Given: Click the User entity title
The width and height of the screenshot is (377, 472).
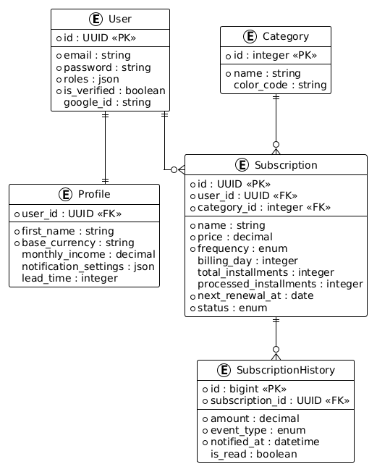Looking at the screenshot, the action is pyautogui.click(x=119, y=19).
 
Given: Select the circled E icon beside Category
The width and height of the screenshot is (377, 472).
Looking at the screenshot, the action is pyautogui.click(x=250, y=36).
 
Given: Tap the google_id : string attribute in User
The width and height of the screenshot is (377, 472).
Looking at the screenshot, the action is pyautogui.click(x=107, y=102).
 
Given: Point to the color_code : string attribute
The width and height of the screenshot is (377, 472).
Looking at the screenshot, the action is pyautogui.click(x=280, y=85).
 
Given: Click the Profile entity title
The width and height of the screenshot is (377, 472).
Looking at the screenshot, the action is pyautogui.click(x=94, y=194).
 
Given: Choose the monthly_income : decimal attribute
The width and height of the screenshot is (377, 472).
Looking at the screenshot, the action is pyautogui.click(x=88, y=254).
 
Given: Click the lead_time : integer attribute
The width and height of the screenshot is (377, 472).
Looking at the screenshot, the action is pyautogui.click(x=69, y=278).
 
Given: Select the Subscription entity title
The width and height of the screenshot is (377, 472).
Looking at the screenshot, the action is pyautogui.click(x=286, y=165).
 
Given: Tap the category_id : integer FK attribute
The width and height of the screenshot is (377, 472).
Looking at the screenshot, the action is pyautogui.click(x=264, y=207).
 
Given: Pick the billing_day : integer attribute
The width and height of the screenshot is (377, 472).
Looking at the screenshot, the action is pyautogui.click(x=247, y=261).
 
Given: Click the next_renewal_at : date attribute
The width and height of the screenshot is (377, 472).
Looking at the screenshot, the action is pyautogui.click(x=255, y=296).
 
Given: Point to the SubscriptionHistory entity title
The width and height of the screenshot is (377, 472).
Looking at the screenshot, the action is pyautogui.click(x=286, y=370).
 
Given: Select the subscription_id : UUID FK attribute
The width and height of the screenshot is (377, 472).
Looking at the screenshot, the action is pyautogui.click(x=280, y=400).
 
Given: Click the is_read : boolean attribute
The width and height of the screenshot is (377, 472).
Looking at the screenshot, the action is pyautogui.click(x=254, y=454).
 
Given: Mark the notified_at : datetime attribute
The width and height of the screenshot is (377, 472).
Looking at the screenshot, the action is pyautogui.click(x=265, y=442).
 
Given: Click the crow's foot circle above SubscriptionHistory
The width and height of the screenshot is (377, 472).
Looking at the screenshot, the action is pyautogui.click(x=276, y=350).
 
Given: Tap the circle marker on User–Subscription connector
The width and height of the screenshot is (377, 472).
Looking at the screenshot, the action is pyautogui.click(x=174, y=170).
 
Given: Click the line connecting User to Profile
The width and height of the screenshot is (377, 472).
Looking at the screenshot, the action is pyautogui.click(x=105, y=148).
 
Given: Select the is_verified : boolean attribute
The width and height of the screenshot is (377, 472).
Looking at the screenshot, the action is pyautogui.click(x=114, y=90).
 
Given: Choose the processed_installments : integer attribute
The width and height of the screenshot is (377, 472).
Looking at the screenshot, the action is pyautogui.click(x=280, y=285).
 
